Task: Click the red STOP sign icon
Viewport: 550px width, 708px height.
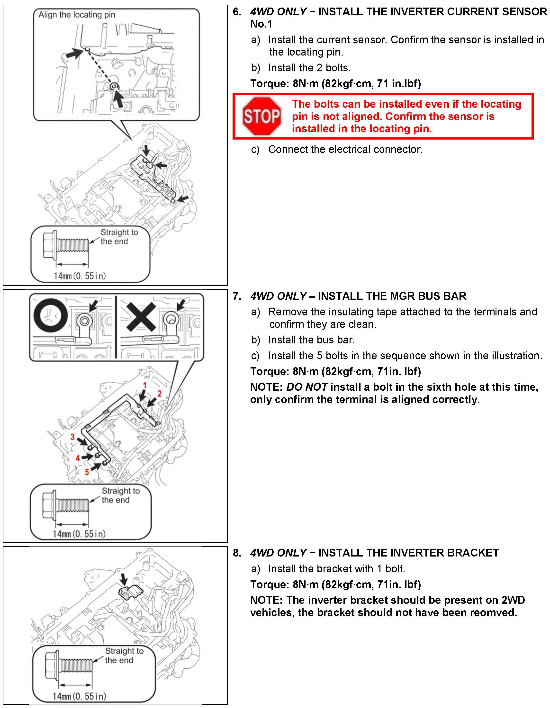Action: click(261, 116)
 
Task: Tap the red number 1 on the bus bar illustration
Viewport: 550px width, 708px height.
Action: click(145, 385)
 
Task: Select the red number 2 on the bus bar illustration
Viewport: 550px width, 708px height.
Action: click(159, 394)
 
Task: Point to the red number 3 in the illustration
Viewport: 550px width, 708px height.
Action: click(72, 437)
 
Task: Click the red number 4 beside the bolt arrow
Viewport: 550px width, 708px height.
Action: click(78, 458)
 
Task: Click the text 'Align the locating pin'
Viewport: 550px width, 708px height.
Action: click(77, 15)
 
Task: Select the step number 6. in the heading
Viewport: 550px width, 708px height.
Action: click(237, 12)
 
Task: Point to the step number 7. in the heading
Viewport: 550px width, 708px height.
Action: click(237, 296)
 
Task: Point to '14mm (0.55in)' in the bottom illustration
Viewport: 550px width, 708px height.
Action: click(79, 696)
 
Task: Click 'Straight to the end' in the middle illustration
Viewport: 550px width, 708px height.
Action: click(120, 495)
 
